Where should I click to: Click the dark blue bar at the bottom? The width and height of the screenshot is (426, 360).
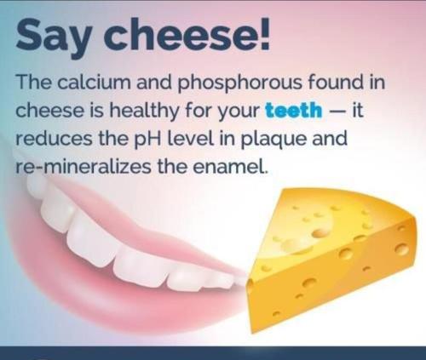tap(213, 352)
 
